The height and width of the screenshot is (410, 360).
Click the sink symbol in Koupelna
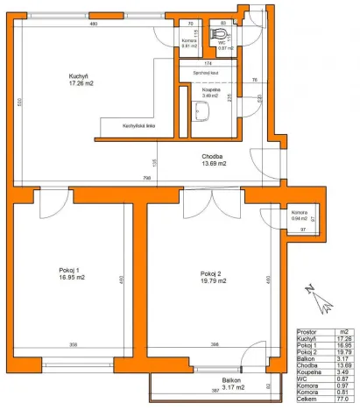click(202, 110)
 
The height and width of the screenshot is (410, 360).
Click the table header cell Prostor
click(309, 332)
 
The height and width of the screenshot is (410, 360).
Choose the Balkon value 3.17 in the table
click(344, 357)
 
